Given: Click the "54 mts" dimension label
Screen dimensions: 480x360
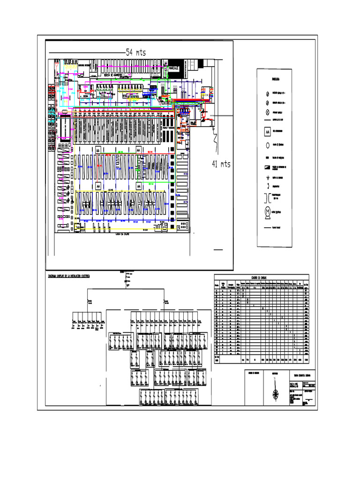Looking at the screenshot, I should (x=136, y=53).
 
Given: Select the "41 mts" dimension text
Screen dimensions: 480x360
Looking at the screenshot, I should (x=221, y=165).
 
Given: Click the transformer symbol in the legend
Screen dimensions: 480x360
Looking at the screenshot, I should (x=267, y=195).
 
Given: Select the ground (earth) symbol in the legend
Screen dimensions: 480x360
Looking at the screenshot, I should (x=267, y=178).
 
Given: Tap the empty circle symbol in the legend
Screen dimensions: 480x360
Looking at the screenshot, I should (x=267, y=145).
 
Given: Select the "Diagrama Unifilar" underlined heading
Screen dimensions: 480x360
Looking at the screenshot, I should (x=69, y=277).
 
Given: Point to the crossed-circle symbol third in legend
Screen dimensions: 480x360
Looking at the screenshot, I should (x=267, y=112).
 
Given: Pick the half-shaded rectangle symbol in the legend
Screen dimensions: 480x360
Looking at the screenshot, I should (x=267, y=167).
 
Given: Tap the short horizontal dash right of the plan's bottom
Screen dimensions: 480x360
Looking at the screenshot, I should (x=218, y=250).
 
